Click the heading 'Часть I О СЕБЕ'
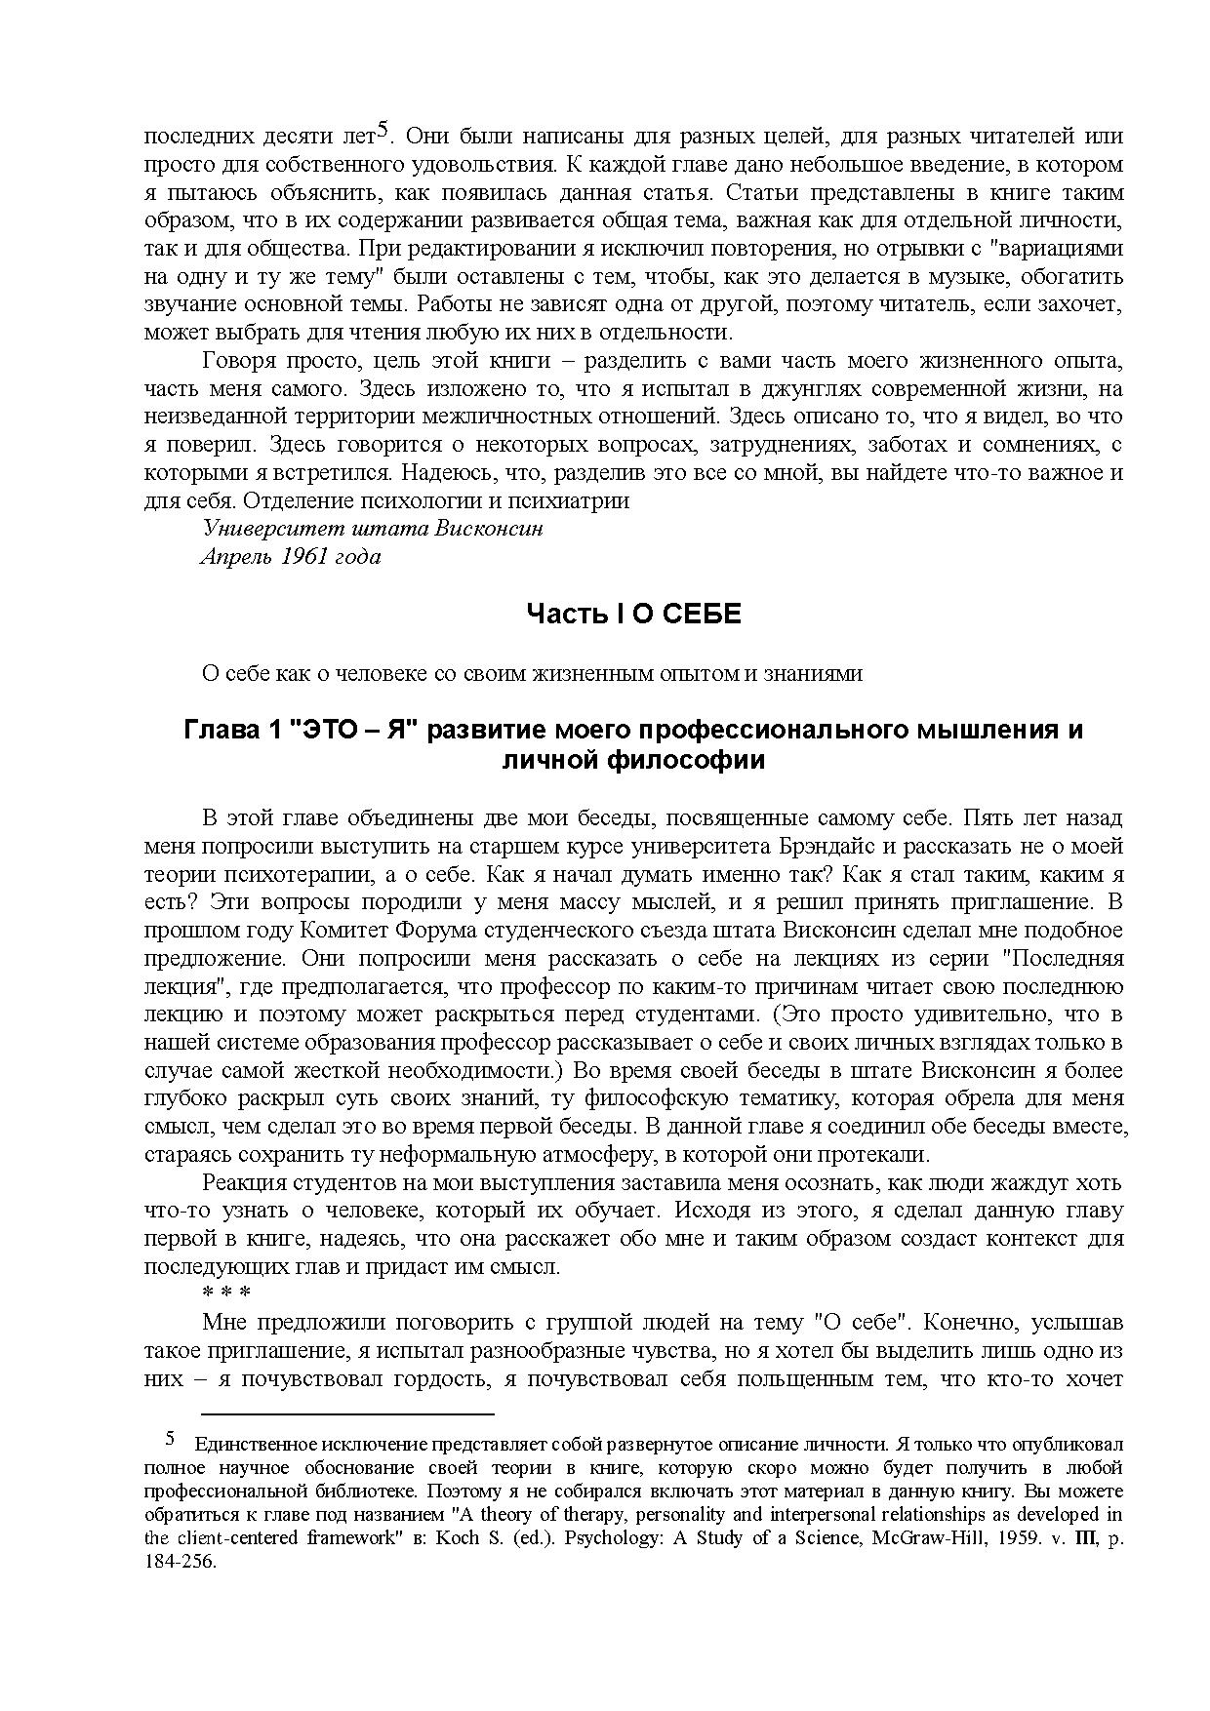click(x=634, y=614)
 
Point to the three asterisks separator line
click(x=226, y=1293)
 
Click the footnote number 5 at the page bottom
click(x=170, y=1439)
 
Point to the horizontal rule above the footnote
click(x=348, y=1413)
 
